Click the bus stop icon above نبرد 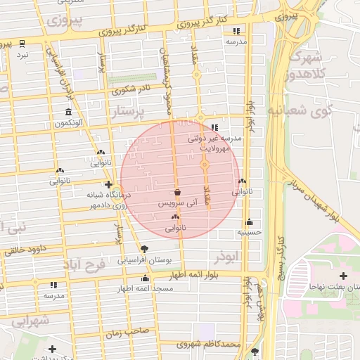[22, 44]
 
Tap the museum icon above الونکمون [68, 112]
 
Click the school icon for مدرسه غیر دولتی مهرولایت [214, 128]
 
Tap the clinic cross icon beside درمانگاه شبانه [108, 184]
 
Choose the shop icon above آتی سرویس [176, 192]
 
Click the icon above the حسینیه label [249, 221]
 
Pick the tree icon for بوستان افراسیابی [145, 248]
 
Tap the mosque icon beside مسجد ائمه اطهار [145, 278]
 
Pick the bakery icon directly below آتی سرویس [175, 218]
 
